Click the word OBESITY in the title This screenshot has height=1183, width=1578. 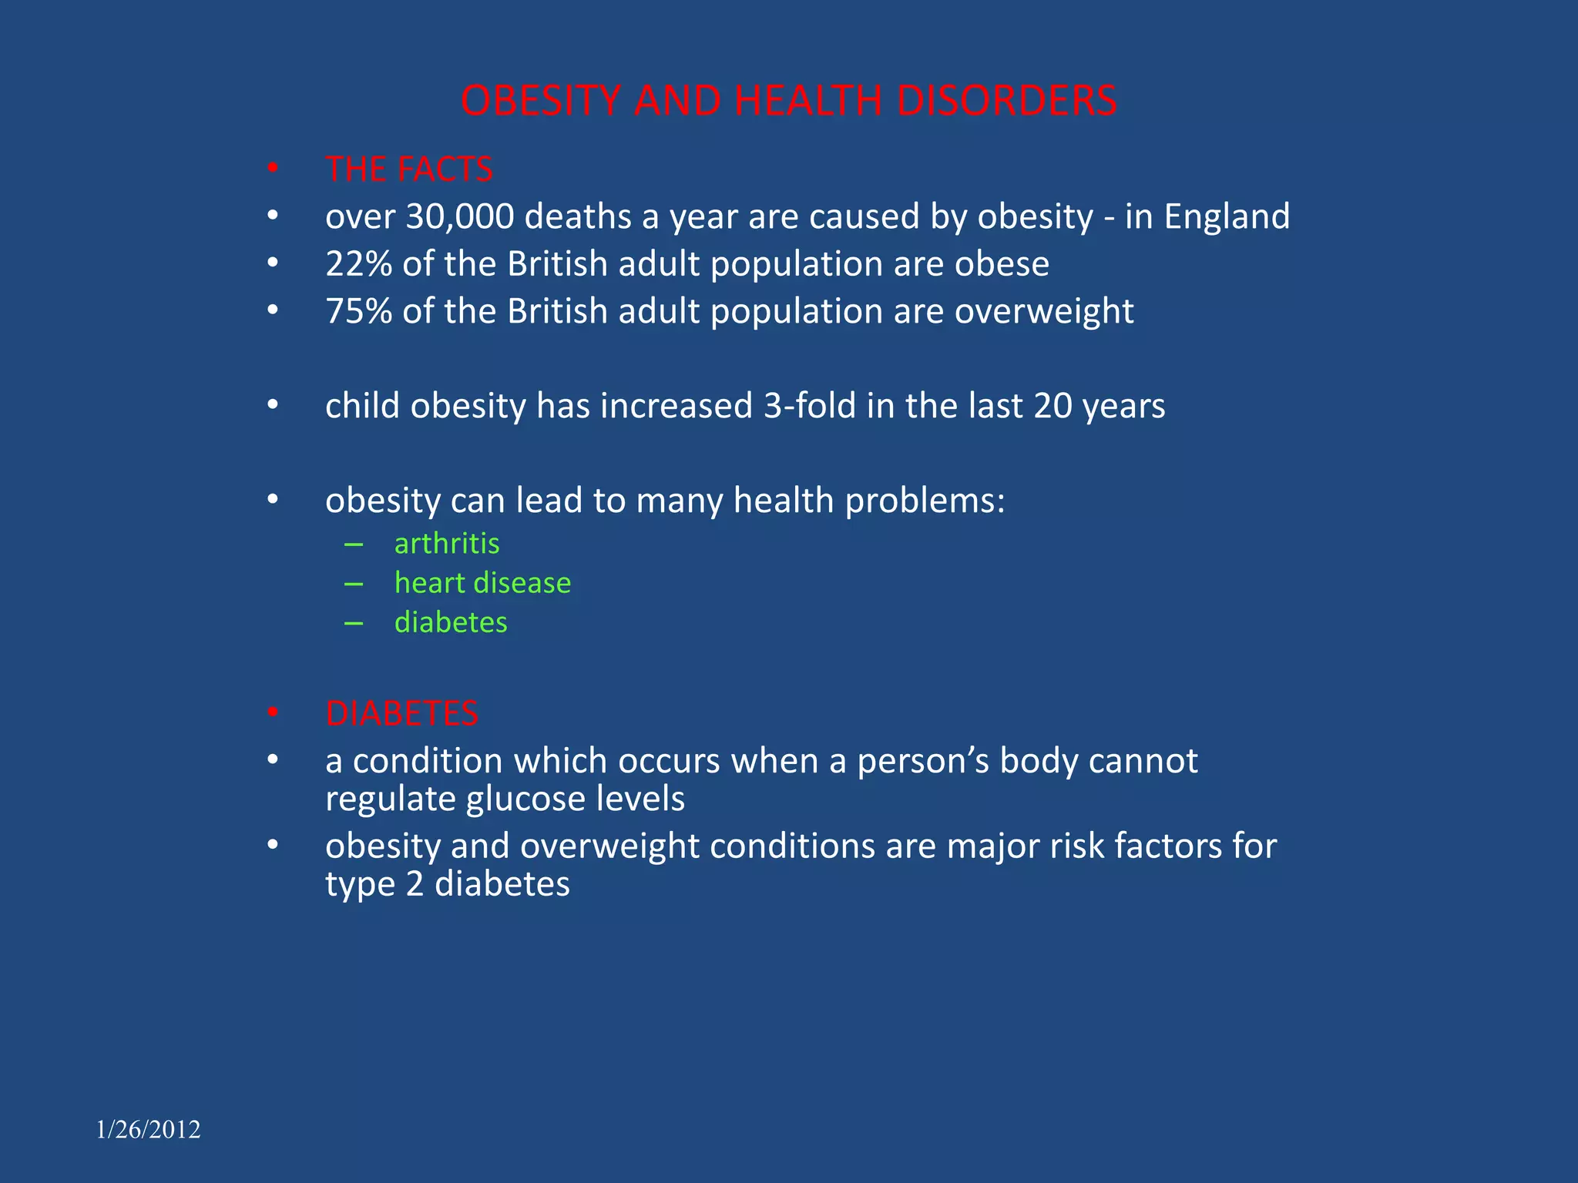click(540, 101)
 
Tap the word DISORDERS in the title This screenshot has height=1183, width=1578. click(1006, 101)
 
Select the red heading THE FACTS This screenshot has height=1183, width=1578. click(408, 169)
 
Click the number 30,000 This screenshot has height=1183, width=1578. click(459, 216)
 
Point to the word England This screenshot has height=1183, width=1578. click(1227, 216)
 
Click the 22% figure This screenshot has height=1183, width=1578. click(358, 264)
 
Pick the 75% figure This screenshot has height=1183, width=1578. click(358, 311)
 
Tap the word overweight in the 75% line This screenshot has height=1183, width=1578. click(1044, 311)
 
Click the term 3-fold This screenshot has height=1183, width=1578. click(809, 406)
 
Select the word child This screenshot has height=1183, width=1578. click(362, 406)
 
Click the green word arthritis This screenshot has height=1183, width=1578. click(447, 544)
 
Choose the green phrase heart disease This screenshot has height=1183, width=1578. click(482, 583)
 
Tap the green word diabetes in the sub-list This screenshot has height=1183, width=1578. click(451, 622)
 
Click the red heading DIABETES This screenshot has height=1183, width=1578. click(401, 714)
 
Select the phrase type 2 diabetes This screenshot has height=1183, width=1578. click(447, 883)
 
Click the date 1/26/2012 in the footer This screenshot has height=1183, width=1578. click(149, 1130)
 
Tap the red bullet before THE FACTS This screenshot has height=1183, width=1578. click(273, 168)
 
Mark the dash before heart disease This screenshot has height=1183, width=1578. click(354, 584)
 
